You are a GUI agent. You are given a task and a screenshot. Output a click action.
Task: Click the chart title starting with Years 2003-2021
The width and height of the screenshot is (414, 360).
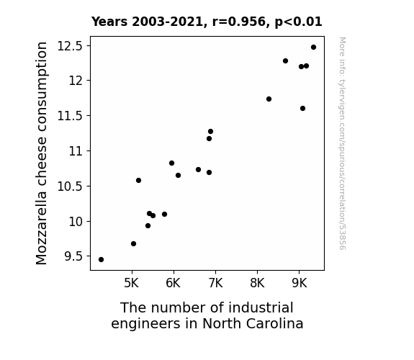tap(207, 22)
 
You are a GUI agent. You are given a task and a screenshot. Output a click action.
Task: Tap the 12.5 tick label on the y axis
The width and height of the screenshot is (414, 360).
tap(70, 46)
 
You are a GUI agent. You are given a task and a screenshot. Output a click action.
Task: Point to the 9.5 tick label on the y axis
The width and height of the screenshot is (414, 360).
tap(73, 256)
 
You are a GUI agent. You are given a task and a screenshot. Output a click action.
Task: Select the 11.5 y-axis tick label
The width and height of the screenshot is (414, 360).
tap(70, 116)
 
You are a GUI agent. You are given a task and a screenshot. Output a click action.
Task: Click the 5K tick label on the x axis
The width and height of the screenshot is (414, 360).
tap(132, 284)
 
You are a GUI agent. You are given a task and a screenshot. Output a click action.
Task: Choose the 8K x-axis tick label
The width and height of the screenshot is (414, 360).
tap(257, 284)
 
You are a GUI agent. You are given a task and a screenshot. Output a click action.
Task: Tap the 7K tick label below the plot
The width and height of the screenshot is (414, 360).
tap(215, 284)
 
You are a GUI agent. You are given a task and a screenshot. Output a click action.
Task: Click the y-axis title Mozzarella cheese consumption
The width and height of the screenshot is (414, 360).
tap(41, 153)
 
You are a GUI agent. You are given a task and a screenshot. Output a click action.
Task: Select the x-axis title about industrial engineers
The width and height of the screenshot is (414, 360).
tap(207, 315)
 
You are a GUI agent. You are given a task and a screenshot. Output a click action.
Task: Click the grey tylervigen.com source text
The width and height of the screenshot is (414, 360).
tap(342, 143)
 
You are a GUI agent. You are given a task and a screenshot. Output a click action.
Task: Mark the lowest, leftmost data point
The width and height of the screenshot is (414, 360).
tap(101, 260)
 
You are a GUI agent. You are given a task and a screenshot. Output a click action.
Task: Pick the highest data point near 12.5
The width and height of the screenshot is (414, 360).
tap(313, 48)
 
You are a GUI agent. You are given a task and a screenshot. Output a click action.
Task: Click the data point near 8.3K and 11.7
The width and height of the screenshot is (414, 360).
tap(269, 99)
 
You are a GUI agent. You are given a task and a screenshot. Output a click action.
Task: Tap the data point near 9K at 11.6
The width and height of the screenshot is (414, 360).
tap(302, 108)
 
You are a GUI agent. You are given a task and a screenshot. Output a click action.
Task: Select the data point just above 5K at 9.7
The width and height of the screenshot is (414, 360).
tap(133, 244)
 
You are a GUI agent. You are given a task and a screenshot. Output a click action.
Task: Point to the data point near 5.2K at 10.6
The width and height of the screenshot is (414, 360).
tap(138, 181)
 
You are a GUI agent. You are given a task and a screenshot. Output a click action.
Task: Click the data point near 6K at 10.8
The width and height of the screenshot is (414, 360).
tap(171, 163)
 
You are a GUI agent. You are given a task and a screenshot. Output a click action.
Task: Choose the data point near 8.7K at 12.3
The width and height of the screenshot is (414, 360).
tap(285, 60)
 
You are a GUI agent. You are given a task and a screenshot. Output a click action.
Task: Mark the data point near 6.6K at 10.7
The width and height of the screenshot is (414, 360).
tap(198, 170)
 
